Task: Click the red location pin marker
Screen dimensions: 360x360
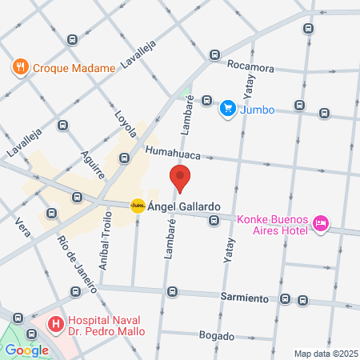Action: pos(180,178)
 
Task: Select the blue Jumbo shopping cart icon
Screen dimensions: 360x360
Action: pos(228,108)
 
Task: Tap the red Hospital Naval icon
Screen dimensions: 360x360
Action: pos(55,324)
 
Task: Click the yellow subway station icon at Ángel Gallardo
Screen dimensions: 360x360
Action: pos(138,206)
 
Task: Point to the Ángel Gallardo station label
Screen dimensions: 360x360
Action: pos(184,206)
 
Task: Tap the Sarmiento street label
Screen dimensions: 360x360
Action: pos(244,298)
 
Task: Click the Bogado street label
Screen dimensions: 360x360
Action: pos(218,335)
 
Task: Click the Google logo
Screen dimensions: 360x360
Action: pos(26,350)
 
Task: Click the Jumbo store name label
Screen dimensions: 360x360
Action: pos(258,110)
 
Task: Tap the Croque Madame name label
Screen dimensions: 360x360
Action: pos(74,68)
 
